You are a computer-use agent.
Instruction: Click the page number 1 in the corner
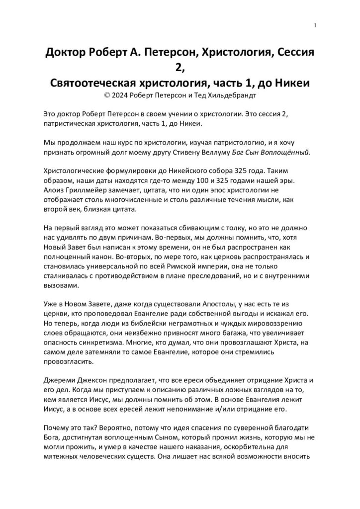315,26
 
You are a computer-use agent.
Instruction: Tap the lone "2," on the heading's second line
180,67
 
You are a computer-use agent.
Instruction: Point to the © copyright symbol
102,94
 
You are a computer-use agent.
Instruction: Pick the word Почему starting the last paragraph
59,432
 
